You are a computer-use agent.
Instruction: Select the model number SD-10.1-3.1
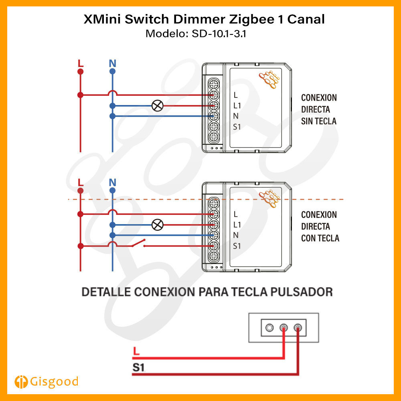pos(219,34)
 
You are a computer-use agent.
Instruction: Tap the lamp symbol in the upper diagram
pos(158,105)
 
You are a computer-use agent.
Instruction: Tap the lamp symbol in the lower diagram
pos(158,225)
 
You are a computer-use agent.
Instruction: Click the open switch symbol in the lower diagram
pos(139,243)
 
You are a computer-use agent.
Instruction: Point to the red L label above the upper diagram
pos(81,63)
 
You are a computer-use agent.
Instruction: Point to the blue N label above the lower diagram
pos(113,182)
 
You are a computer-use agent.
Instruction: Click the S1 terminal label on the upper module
pos(237,127)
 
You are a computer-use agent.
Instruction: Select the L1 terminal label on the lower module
pos(237,225)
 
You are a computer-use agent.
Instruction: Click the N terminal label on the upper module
pos(236,116)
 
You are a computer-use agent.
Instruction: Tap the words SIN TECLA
pos(319,121)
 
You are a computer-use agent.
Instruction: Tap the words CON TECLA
pos(320,238)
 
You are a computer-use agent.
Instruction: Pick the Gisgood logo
pos(46,382)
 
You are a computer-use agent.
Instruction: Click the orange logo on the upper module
pos(269,79)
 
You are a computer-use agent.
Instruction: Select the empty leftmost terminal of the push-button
pos(269,328)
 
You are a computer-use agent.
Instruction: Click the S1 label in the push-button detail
pos(138,367)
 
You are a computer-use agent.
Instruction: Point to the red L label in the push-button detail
pos(136,351)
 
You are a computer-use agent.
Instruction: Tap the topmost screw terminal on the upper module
pos(214,84)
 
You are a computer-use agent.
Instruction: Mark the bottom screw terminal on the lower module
pos(214,256)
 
